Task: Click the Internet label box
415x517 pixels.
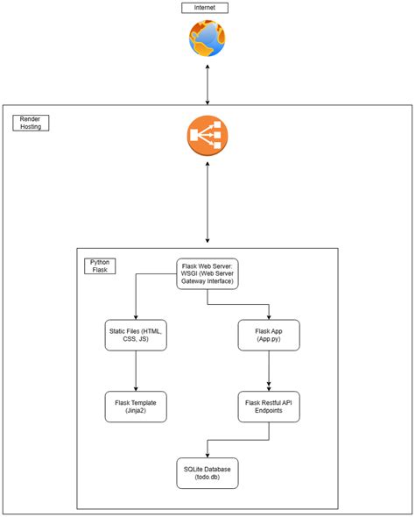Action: [205, 8]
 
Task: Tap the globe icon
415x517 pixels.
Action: [207, 39]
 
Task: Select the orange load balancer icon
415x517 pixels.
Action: [207, 135]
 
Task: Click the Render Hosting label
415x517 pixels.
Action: [31, 123]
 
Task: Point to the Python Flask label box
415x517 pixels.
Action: [100, 266]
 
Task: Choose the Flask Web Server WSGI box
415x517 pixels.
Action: [207, 273]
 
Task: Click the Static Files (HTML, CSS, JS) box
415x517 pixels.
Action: [136, 335]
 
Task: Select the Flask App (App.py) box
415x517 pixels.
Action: [269, 335]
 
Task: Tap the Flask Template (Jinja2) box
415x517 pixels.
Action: [136, 407]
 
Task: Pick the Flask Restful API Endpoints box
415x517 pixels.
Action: [269, 407]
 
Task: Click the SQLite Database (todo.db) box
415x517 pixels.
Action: [207, 473]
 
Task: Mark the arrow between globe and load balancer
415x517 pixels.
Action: [207, 85]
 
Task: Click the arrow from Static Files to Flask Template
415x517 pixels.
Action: [136, 371]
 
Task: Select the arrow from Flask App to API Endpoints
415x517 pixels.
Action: [269, 371]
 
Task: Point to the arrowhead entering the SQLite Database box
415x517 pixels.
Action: [207, 456]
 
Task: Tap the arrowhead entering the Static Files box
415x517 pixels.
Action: [136, 317]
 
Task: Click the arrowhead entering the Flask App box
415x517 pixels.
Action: [269, 317]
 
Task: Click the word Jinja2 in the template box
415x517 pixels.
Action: [136, 410]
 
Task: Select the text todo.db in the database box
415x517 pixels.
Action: [207, 477]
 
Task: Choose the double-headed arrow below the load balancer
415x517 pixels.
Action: [207, 202]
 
